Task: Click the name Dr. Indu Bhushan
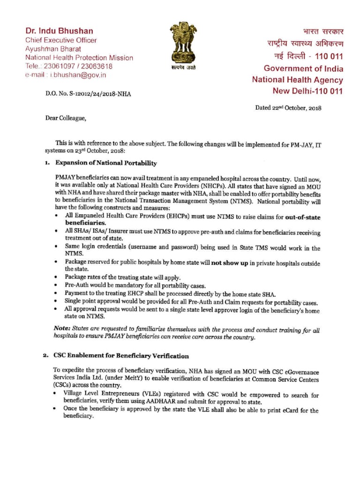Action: (59, 31)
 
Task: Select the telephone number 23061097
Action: (55, 66)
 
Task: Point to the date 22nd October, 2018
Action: (288, 107)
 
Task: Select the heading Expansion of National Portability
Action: (106, 163)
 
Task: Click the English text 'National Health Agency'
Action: (297, 80)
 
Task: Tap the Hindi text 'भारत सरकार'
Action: (323, 32)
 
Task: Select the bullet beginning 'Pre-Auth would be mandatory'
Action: (128, 285)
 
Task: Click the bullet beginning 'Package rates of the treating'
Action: (122, 277)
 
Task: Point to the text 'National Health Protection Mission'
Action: (79, 58)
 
